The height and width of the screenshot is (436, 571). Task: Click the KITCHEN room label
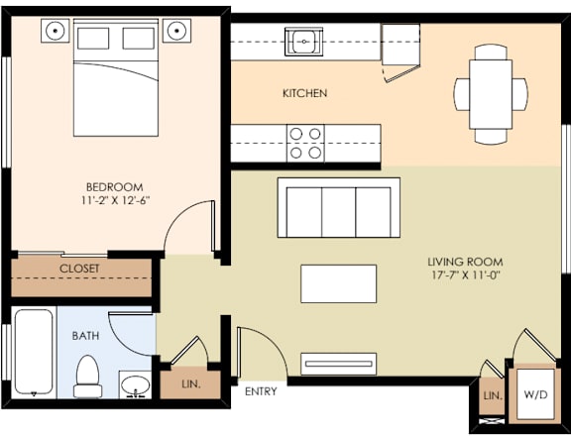tap(304, 93)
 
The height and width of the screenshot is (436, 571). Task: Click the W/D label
tap(536, 394)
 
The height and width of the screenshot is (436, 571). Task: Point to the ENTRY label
tap(261, 392)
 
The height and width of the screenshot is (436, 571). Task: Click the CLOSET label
tap(79, 269)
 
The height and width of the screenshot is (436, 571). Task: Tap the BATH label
tap(85, 336)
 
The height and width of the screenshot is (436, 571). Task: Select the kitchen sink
tap(302, 43)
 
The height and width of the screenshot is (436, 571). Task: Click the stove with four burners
tap(305, 144)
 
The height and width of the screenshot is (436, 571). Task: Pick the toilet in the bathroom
tap(88, 377)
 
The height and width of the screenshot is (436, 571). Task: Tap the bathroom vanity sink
tap(134, 384)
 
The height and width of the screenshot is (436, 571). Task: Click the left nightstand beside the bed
tap(55, 31)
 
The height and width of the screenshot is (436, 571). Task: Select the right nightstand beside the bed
tap(176, 31)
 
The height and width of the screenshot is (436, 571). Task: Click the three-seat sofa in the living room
tap(339, 208)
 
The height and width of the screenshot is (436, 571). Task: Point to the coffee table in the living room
tap(339, 283)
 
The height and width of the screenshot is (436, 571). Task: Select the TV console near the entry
tap(339, 364)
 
